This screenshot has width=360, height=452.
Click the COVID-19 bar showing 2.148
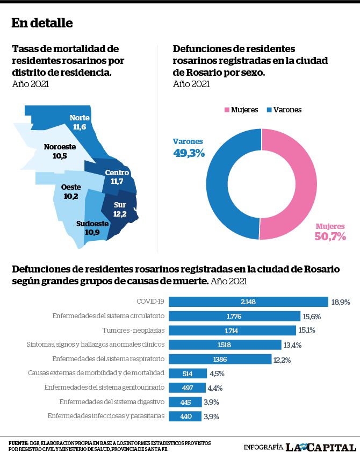[x=248, y=302]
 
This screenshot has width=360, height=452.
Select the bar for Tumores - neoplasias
[x=232, y=331]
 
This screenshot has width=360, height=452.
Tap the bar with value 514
[x=188, y=374]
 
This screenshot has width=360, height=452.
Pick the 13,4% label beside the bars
[x=292, y=345]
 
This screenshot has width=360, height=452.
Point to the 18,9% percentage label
[x=341, y=302]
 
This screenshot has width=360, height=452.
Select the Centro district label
[x=117, y=173]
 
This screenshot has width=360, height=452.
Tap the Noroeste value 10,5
[x=60, y=156]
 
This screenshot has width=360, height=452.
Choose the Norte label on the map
[x=80, y=118]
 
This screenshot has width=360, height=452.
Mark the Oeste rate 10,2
[x=71, y=196]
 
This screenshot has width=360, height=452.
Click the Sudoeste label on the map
[x=92, y=224]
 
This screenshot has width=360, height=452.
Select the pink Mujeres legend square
[x=227, y=110]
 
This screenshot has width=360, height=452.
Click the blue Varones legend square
[x=269, y=110]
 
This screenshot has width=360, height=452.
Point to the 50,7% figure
[x=330, y=236]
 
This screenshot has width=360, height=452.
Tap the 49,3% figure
[x=189, y=153]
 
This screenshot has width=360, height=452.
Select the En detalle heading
[x=42, y=23]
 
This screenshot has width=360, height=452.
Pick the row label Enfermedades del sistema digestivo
[x=112, y=402]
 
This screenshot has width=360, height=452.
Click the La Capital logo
[x=320, y=447]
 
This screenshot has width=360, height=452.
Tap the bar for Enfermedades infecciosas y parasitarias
[x=185, y=416]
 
